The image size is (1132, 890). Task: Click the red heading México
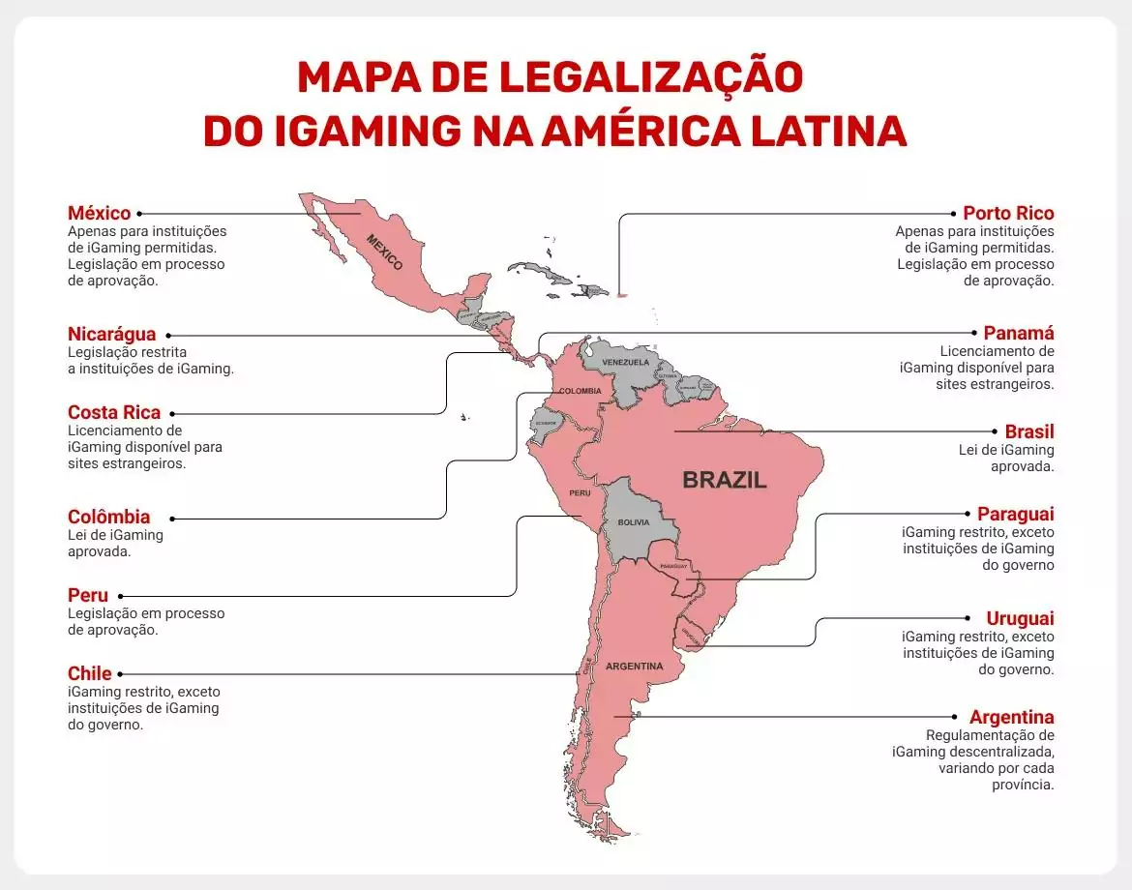tap(99, 213)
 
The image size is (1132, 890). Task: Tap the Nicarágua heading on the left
tap(111, 335)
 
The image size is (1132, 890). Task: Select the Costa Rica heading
tap(114, 412)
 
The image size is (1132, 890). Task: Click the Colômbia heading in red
tap(108, 517)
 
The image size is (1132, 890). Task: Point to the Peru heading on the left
tap(88, 595)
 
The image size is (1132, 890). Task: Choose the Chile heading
tap(90, 673)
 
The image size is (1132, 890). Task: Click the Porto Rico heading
tap(1008, 213)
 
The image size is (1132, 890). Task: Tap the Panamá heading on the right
tap(1019, 333)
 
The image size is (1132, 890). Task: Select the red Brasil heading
tap(1029, 431)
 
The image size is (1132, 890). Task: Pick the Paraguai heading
tap(1016, 514)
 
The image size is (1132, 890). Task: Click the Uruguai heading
tap(1021, 618)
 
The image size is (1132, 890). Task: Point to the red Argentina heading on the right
tap(1012, 717)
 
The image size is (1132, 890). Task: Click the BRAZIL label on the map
tap(725, 480)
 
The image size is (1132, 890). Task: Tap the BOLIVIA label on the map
tap(633, 522)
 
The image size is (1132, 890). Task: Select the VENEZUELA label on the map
tap(625, 363)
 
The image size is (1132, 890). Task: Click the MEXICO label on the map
tap(384, 252)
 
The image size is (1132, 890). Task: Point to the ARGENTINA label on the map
tap(635, 667)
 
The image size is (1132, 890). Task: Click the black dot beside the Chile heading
tap(121, 674)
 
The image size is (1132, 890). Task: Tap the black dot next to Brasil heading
tap(995, 431)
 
